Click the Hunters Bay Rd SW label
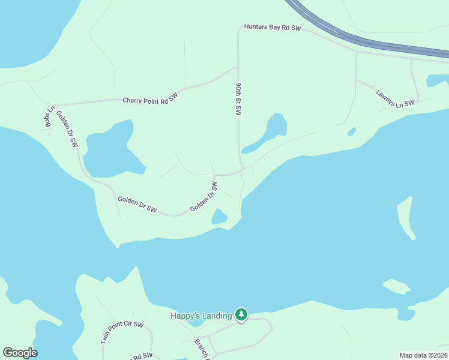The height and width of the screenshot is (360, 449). pyautogui.click(x=272, y=28)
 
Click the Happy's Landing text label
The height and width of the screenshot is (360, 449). pyautogui.click(x=201, y=316)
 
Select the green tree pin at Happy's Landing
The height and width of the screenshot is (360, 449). pyautogui.click(x=241, y=314)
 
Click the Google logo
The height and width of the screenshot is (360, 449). pyautogui.click(x=20, y=353)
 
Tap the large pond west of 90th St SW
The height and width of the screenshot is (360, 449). pyautogui.click(x=111, y=150)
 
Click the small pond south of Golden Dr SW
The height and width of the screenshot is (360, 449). pyautogui.click(x=219, y=217)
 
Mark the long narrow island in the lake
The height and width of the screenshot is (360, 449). pyautogui.click(x=406, y=216)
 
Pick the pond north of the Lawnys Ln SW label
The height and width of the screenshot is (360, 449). pyautogui.click(x=437, y=80)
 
